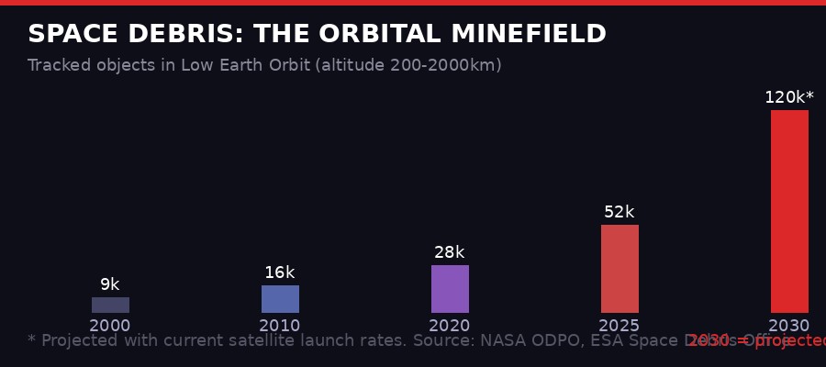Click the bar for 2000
(x=110, y=305)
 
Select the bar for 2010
(x=280, y=299)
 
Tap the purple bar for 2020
(x=450, y=289)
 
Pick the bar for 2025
(x=619, y=269)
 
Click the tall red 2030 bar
(x=789, y=211)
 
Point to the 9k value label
(x=110, y=284)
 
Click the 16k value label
(x=280, y=272)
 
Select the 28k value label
(x=450, y=252)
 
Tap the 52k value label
(x=619, y=212)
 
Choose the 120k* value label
(x=789, y=97)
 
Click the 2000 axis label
(x=110, y=326)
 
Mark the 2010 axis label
(x=280, y=326)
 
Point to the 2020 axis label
(x=450, y=326)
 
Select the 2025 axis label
(x=619, y=326)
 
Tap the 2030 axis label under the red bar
(x=789, y=326)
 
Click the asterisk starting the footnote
(x=32, y=339)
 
